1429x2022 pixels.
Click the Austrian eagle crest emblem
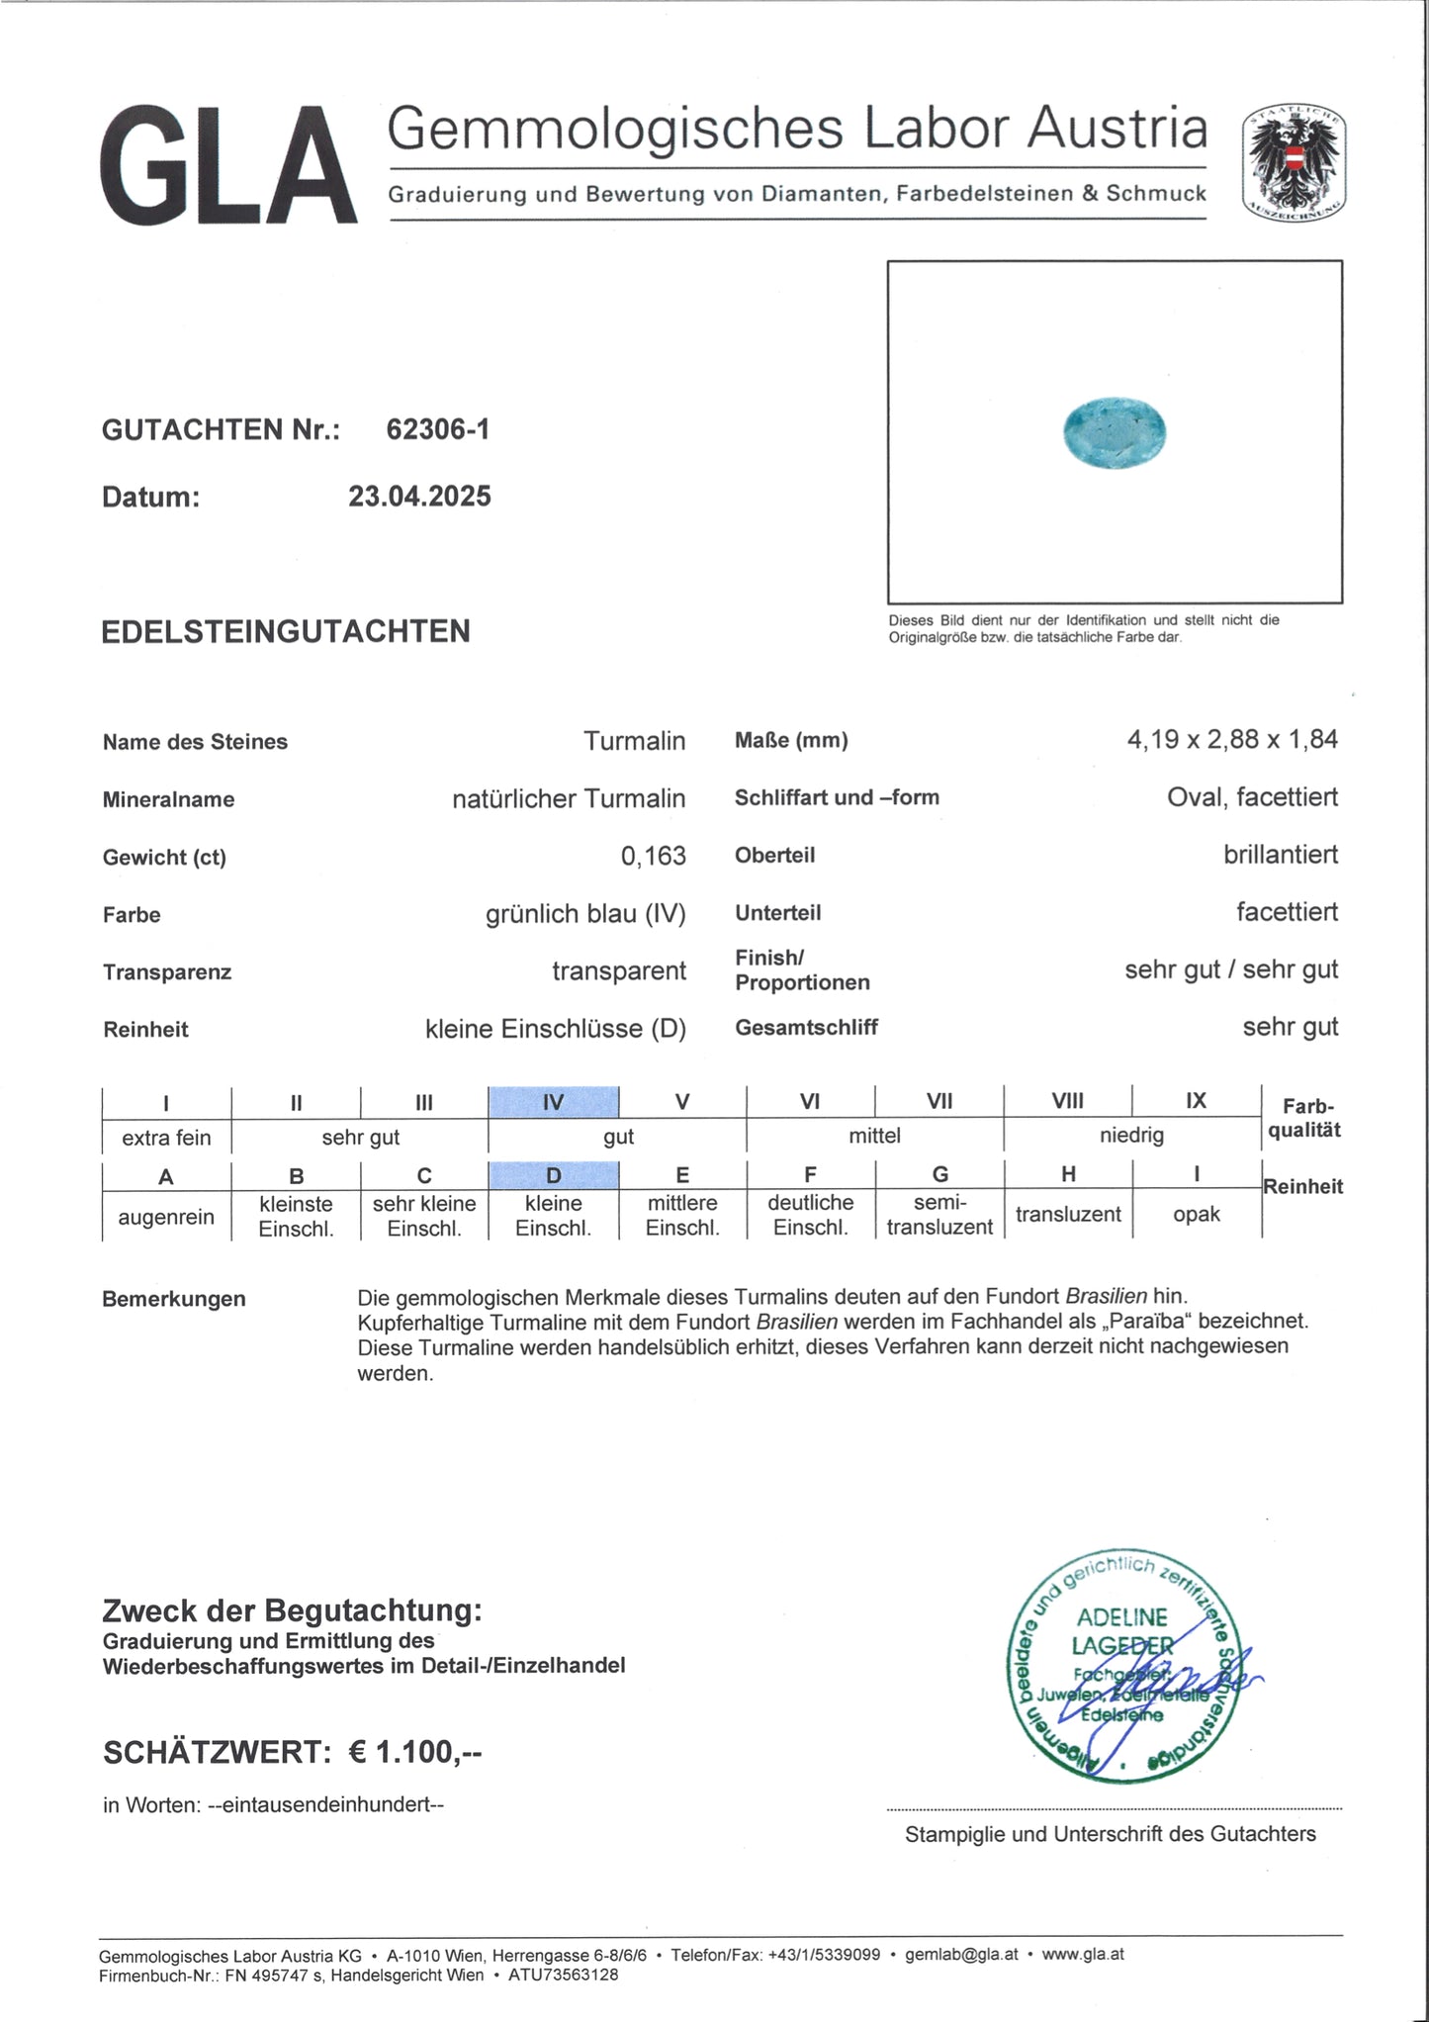pos(1294,162)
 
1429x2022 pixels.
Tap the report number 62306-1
pos(437,429)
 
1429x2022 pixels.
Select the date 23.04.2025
pos(419,497)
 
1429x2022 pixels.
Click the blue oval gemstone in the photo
pos(1115,432)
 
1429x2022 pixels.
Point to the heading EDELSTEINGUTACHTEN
pos(286,631)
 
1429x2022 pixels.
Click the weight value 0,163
pos(653,856)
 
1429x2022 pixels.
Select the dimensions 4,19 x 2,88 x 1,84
pos(1231,739)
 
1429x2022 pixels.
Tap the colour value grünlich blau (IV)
pos(584,914)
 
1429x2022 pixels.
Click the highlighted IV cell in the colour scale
pos(554,1102)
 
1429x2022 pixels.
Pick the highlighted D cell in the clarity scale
pos(554,1175)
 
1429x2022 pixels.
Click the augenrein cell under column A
pos(166,1217)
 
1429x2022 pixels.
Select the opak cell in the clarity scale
pos(1196,1214)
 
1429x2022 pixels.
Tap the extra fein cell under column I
pos(166,1138)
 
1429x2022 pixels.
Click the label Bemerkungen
pos(173,1299)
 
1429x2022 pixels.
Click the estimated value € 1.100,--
pos(415,1752)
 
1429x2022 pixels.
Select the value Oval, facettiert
pos(1252,797)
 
